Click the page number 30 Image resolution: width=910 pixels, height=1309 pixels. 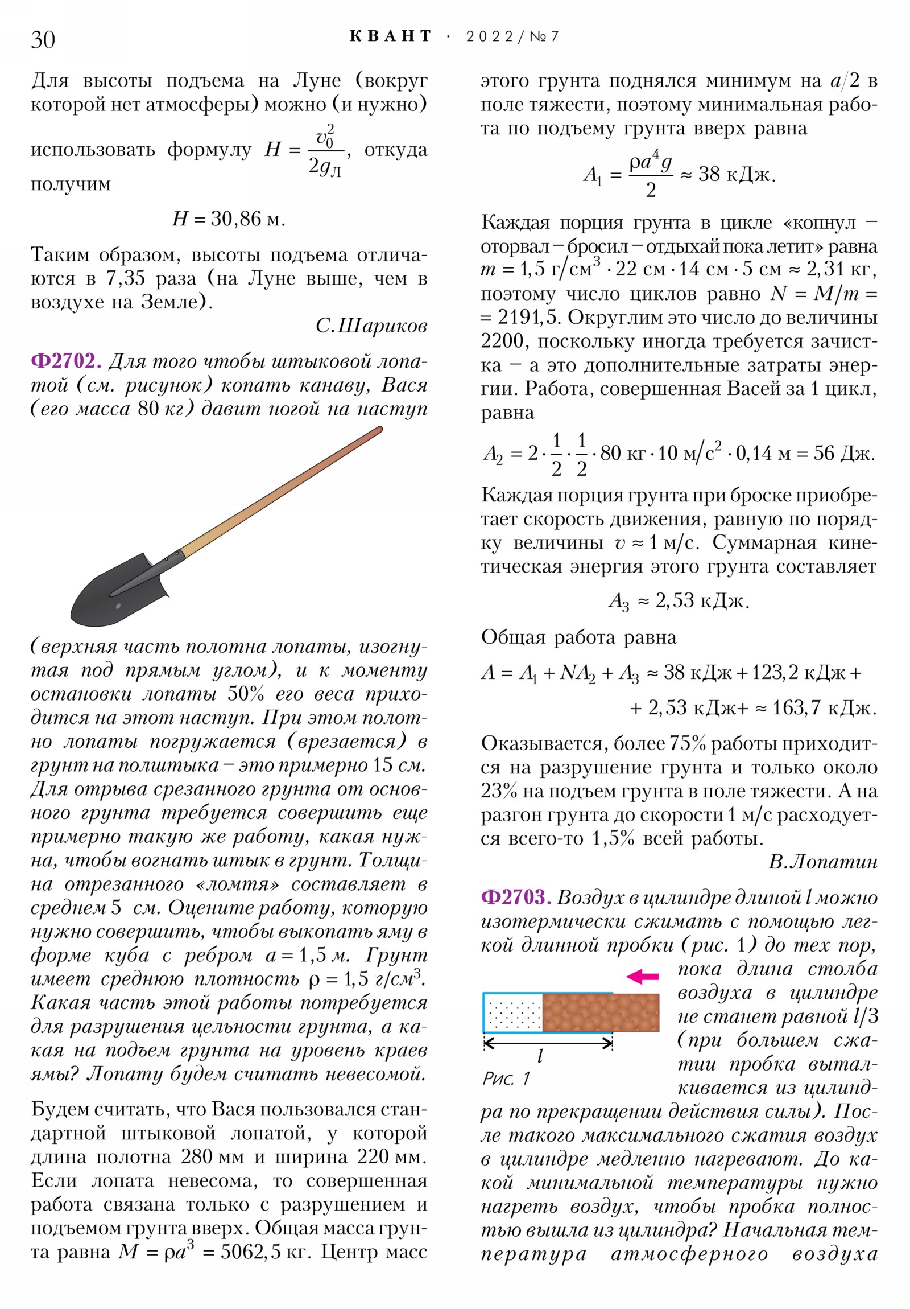tap(43, 40)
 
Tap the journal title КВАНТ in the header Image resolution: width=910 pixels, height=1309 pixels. tap(391, 36)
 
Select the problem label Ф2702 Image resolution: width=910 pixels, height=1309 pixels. tap(66, 361)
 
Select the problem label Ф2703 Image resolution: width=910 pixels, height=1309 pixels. tap(516, 898)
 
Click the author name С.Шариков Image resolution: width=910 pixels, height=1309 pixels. tap(371, 326)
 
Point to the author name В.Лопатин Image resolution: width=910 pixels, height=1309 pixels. tap(822, 862)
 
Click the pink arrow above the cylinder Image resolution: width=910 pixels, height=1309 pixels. tap(642, 977)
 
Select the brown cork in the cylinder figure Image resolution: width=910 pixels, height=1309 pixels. tap(600, 1012)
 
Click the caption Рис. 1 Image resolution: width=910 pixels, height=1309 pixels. tap(506, 1078)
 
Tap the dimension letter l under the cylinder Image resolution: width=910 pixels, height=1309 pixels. tap(540, 1056)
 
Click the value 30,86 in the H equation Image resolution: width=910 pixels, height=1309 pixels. tap(235, 219)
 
